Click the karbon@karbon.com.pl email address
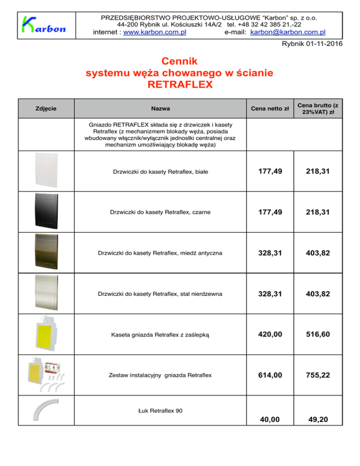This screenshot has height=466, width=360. pos(288,32)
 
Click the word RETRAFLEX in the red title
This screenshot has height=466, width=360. pos(180,85)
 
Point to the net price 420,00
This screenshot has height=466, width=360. pos(270,334)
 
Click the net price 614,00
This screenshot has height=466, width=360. pos(270,375)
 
